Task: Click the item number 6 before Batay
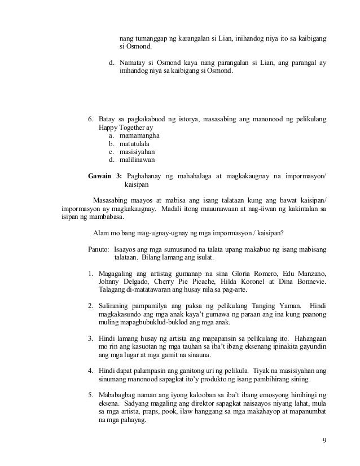pos(91,120)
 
